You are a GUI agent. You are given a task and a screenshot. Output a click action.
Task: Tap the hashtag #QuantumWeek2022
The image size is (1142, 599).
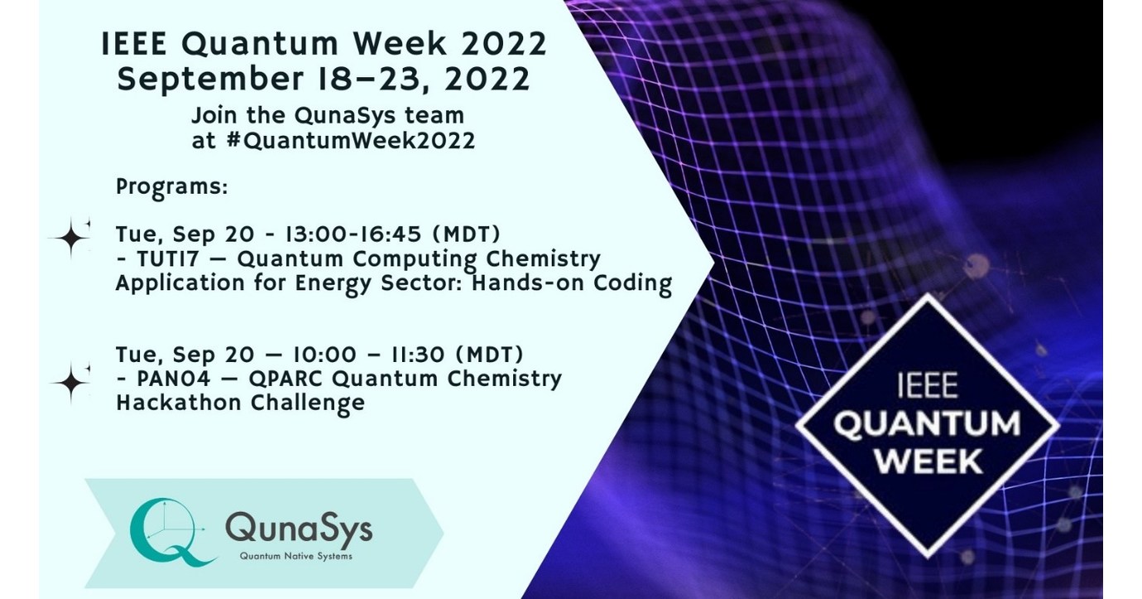pyautogui.click(x=346, y=140)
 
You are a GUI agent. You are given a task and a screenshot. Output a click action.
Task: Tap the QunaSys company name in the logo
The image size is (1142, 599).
pyautogui.click(x=299, y=526)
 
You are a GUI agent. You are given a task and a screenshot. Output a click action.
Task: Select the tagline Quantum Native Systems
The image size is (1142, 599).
pyautogui.click(x=295, y=556)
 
